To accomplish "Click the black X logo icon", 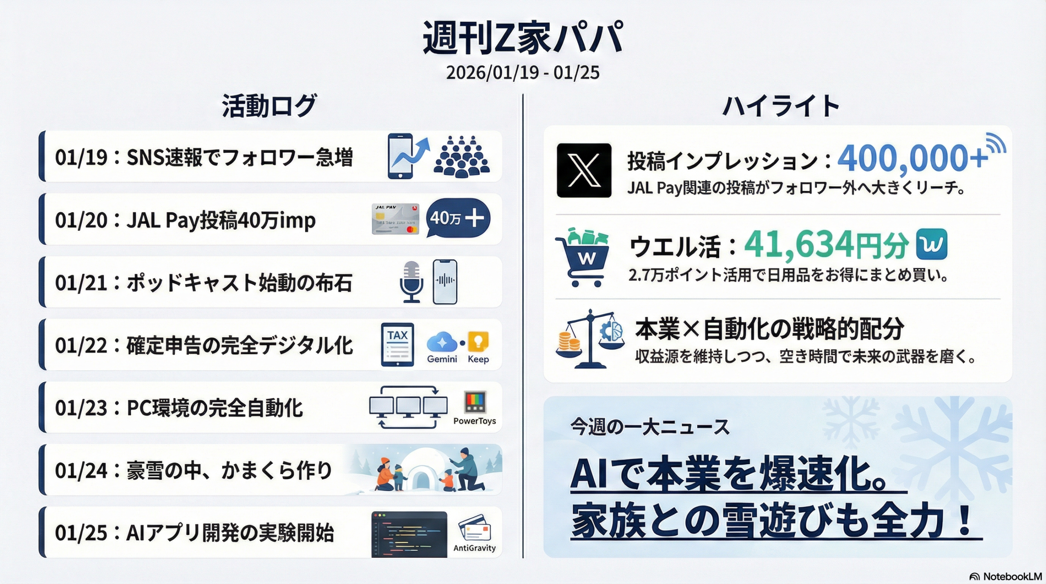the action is (584, 170).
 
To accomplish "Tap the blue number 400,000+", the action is (912, 158).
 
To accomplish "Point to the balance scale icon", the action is (590, 339).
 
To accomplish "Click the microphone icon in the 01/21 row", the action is (411, 282).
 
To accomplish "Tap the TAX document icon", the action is (397, 345).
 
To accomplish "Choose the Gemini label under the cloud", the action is (442, 359).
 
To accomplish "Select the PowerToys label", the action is (474, 421).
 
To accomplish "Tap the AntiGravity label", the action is (474, 548).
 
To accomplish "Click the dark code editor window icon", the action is (409, 535).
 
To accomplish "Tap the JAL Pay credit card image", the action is (396, 219).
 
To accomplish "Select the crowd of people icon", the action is (461, 157).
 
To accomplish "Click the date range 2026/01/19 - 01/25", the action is (523, 73).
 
